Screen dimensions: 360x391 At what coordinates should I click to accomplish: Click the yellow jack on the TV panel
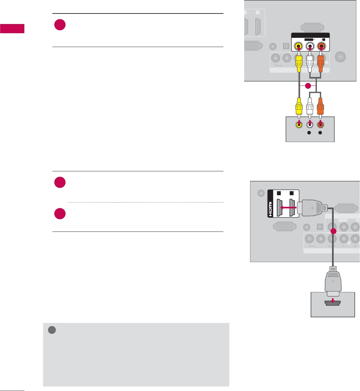(298, 47)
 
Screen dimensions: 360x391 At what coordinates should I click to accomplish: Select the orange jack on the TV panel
(321, 47)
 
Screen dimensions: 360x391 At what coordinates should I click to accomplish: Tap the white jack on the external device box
(310, 125)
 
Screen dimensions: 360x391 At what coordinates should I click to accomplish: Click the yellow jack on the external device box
(298, 125)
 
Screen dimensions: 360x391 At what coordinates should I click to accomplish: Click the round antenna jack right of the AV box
(340, 57)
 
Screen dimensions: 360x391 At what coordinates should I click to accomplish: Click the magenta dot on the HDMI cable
(333, 231)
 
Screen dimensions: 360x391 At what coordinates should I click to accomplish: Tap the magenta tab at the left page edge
(12, 29)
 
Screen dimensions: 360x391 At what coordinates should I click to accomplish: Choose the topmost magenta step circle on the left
(60, 25)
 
